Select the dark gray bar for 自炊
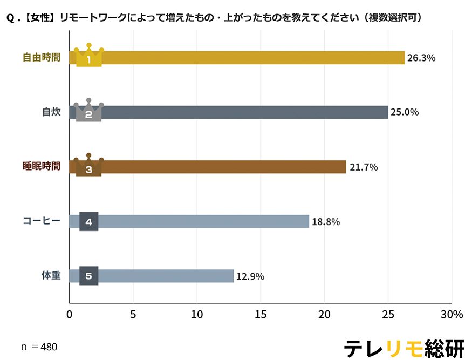pos(243,112)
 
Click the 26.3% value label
pos(421,58)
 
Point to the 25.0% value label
pos(405,112)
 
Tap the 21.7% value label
pos(364,167)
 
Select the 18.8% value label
pos(326,222)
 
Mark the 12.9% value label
pos(250,276)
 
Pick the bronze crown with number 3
pos(89,165)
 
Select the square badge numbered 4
pos(89,221)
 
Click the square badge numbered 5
pos(89,276)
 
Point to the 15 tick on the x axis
pos(261,315)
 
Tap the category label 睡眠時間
pos(42,167)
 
